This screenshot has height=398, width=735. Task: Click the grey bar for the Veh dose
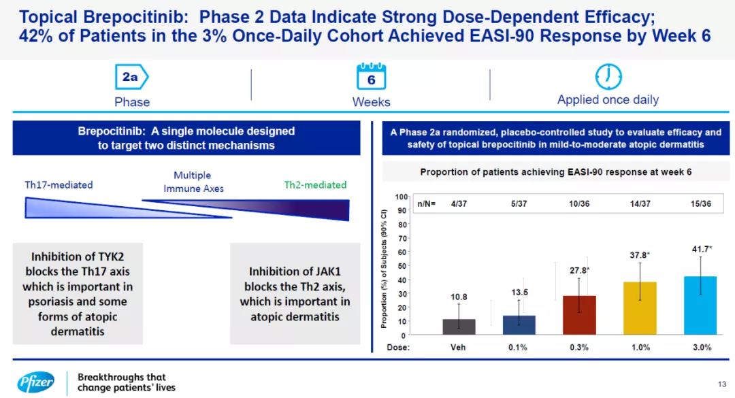pyautogui.click(x=459, y=327)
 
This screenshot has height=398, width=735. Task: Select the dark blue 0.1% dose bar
pyautogui.click(x=519, y=325)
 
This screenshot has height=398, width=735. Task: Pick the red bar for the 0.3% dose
pyautogui.click(x=579, y=315)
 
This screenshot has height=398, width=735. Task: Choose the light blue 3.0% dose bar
pyautogui.click(x=700, y=305)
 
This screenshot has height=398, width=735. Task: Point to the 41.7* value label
pyautogui.click(x=702, y=250)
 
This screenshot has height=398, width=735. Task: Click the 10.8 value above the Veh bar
pyautogui.click(x=459, y=297)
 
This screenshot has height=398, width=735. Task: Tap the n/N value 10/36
pyautogui.click(x=579, y=203)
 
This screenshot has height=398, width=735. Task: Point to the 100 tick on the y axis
pyautogui.click(x=401, y=197)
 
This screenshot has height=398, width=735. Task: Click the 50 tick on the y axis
pyautogui.click(x=402, y=266)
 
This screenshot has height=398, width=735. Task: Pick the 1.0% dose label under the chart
pyautogui.click(x=640, y=347)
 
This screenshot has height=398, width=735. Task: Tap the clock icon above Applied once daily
pyautogui.click(x=608, y=76)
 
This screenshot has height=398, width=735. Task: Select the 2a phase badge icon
pyautogui.click(x=131, y=78)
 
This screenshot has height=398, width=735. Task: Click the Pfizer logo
pyautogui.click(x=35, y=382)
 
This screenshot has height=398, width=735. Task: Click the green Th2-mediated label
pyautogui.click(x=315, y=185)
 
